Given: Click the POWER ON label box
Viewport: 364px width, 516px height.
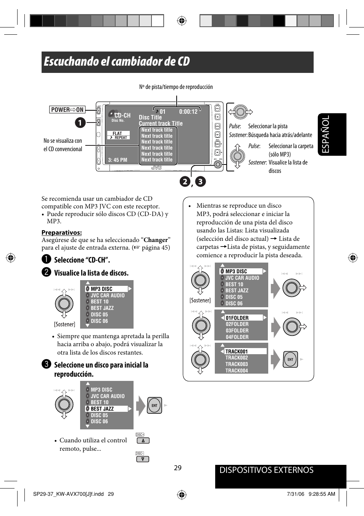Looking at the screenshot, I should (x=67, y=110).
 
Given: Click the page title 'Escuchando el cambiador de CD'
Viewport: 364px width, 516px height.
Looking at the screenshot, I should (x=117, y=61).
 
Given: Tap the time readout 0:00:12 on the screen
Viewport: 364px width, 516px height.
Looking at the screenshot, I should (x=188, y=112).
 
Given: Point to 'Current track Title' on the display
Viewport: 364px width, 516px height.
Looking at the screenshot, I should (x=161, y=123).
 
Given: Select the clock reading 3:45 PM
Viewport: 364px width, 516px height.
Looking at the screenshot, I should (x=118, y=160).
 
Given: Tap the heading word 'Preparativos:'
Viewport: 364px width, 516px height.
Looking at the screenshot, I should (x=61, y=232).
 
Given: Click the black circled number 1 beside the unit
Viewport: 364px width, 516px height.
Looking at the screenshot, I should (x=80, y=123).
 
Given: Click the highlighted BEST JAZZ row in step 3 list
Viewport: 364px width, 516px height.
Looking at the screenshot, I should (x=106, y=409).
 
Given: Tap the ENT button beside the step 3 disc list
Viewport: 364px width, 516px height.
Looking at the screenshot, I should (x=155, y=405).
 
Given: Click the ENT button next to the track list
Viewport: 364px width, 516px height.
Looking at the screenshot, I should (x=290, y=360).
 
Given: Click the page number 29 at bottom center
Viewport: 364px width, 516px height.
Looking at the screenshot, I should (x=178, y=468).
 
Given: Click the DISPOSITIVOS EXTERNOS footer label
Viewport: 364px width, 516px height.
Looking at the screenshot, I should (x=266, y=470).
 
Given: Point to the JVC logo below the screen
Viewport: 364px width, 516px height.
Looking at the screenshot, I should (x=156, y=168).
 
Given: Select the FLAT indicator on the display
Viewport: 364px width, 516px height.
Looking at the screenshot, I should (x=118, y=134).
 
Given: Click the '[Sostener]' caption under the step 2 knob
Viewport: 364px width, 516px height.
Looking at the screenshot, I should (x=64, y=324).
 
